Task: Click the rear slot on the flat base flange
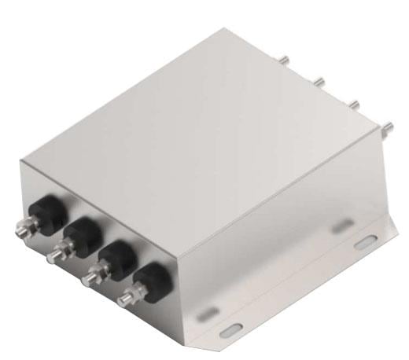364,244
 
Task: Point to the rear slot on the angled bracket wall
341,226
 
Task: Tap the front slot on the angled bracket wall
203,312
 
